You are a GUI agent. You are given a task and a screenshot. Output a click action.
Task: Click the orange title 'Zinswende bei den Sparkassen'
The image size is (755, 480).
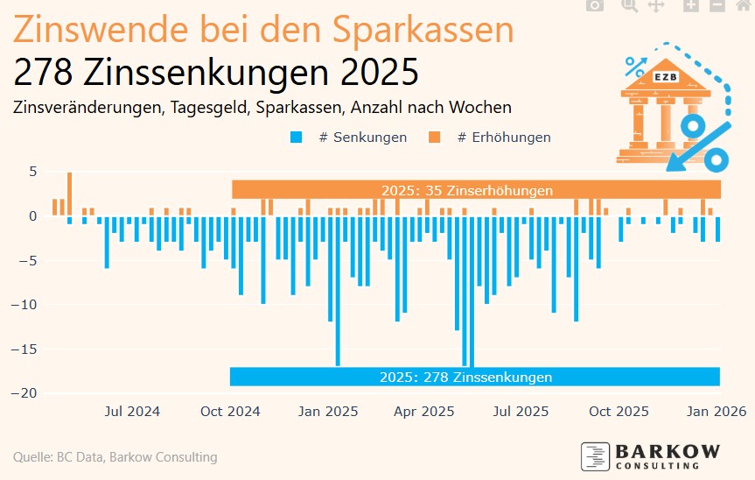point(262,32)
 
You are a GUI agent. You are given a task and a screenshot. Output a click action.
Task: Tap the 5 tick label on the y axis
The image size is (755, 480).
point(32,172)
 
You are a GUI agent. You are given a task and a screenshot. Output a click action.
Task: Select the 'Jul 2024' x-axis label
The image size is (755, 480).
point(131,411)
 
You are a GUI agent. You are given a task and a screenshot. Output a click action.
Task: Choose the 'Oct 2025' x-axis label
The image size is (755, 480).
point(619,411)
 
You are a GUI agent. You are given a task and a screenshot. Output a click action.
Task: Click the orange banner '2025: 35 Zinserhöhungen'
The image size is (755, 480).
point(466,190)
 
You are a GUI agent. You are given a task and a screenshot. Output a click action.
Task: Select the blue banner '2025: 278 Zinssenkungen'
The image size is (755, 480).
point(465,378)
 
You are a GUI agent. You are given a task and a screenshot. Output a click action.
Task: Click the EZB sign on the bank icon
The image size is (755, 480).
point(664,77)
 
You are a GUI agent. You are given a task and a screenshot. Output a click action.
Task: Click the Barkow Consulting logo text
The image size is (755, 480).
point(667,452)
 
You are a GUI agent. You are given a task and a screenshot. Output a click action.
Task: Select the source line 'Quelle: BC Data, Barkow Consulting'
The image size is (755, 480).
point(115,457)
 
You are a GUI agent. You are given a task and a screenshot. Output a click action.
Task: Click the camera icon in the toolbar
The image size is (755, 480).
point(595,5)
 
